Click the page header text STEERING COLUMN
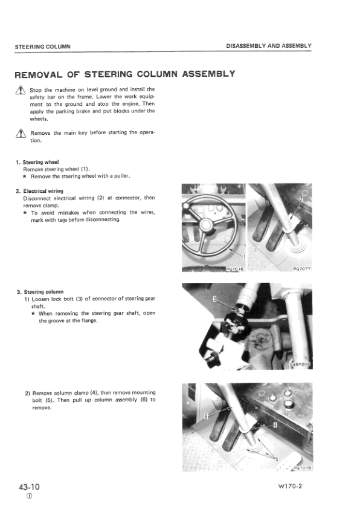tap(43, 47)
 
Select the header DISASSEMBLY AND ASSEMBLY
tap(269, 47)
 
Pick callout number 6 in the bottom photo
tap(206, 417)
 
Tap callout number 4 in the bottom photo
tap(275, 425)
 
